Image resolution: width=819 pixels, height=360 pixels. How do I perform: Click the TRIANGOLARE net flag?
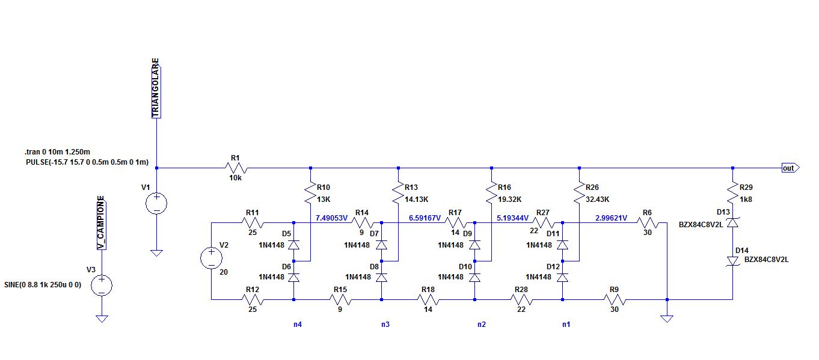click(156, 88)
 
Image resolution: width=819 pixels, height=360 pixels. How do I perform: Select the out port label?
click(790, 168)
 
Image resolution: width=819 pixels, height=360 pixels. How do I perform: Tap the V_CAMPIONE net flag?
click(101, 223)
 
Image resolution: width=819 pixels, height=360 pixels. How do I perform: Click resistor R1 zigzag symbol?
click(236, 168)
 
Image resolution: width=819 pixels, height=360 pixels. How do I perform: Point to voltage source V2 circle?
click(211, 258)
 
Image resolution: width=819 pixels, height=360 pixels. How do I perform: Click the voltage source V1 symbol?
click(156, 204)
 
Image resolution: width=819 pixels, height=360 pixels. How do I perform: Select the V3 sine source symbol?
click(102, 285)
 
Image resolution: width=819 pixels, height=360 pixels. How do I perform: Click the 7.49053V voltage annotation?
click(331, 218)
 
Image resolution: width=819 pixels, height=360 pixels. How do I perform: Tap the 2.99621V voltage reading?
click(612, 218)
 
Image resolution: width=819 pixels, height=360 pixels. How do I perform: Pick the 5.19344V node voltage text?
click(512, 218)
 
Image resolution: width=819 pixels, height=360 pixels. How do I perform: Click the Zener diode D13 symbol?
click(733, 222)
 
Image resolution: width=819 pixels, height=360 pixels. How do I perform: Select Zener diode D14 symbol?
click(733, 261)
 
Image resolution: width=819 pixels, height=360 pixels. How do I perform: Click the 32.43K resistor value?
click(598, 200)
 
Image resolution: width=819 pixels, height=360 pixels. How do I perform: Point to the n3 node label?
click(385, 324)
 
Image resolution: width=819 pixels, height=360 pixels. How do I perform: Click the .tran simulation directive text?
click(57, 151)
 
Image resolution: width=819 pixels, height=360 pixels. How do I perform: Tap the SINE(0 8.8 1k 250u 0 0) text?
click(43, 285)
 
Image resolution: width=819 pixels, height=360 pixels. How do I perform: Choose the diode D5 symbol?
click(293, 245)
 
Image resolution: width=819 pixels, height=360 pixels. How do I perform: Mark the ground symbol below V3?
click(102, 319)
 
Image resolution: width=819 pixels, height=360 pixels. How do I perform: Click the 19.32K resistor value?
click(510, 200)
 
